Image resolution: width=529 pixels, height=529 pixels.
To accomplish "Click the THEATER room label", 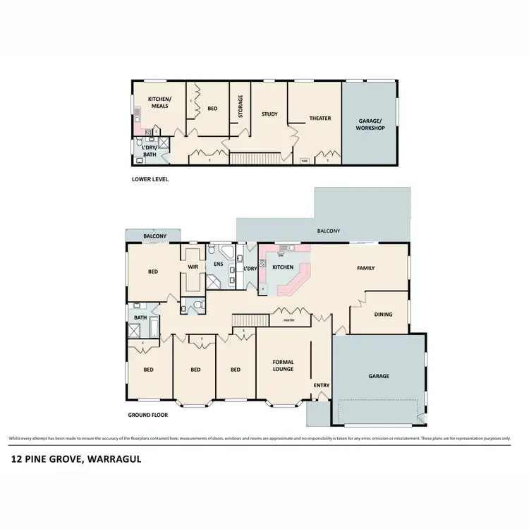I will click(x=320, y=118).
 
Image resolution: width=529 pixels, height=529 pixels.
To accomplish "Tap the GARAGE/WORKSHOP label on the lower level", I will click(x=370, y=125).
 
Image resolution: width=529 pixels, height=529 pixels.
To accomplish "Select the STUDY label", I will click(x=269, y=114).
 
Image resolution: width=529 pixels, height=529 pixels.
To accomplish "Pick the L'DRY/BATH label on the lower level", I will click(x=149, y=150).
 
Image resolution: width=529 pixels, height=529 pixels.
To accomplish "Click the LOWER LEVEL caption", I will click(x=150, y=179).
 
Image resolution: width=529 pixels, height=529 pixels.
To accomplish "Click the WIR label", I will click(x=193, y=267).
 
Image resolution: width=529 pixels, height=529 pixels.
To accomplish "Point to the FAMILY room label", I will click(x=365, y=268).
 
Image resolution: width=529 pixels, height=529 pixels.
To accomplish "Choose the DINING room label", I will click(x=383, y=315).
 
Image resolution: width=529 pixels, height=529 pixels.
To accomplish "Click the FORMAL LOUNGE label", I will click(x=283, y=365).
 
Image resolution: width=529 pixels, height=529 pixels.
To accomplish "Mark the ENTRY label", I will click(x=321, y=385).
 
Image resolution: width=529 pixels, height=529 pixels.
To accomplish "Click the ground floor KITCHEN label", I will click(x=283, y=267).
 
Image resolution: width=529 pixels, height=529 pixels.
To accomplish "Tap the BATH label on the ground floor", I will click(x=140, y=317).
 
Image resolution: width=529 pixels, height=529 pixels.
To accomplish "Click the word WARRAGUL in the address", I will click(x=116, y=459).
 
